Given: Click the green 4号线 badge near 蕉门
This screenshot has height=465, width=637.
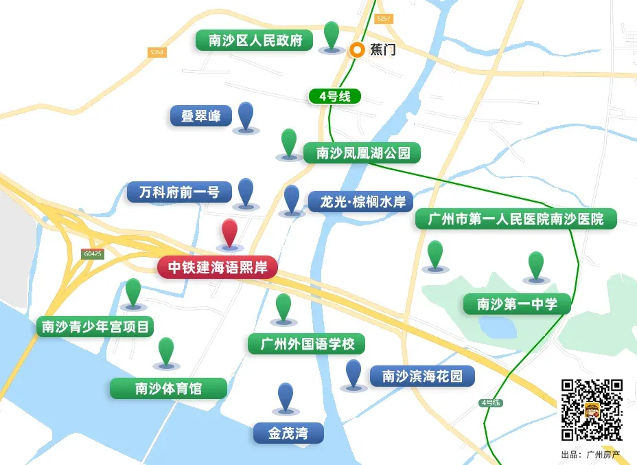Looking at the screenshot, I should coord(335,96).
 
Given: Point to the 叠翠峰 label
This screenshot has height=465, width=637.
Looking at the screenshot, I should coord(200,115).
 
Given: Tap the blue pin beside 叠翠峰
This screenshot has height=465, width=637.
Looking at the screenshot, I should coord(245,115).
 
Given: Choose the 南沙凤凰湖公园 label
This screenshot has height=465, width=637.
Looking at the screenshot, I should coord(362,152).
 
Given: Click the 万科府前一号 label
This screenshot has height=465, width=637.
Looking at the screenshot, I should coord(178,192).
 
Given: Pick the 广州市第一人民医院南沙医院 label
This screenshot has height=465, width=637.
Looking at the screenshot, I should coord(516,219).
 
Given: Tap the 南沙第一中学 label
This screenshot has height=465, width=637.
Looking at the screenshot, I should coord(517,304).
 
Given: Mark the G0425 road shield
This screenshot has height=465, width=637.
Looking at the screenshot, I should coord(92,254).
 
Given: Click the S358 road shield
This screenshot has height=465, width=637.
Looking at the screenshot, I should coord(157,52).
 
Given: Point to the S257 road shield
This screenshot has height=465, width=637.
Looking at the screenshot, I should coord(384,19).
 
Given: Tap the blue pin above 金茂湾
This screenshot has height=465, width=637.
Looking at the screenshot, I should coord(286,396).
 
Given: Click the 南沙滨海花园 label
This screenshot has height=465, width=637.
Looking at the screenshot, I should coord(422,376).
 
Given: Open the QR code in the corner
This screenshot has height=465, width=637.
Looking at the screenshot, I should coord(592,409).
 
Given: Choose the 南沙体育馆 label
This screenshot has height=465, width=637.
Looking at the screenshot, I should coord(168,388).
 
